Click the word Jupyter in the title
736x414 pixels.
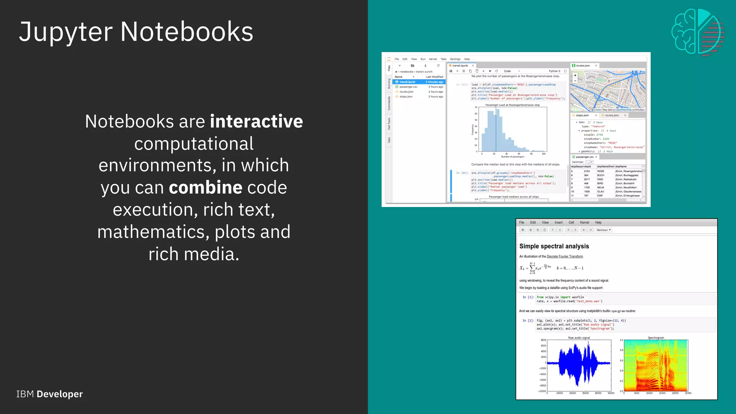pyautogui.click(x=66, y=32)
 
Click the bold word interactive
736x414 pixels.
pyautogui.click(x=256, y=121)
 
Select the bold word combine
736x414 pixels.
pyautogui.click(x=206, y=188)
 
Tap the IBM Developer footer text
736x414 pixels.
pyautogui.click(x=50, y=394)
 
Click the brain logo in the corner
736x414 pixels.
pyautogui.click(x=698, y=32)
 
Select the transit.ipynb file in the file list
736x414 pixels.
pyautogui.click(x=407, y=82)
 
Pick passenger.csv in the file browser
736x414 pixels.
pyautogui.click(x=408, y=87)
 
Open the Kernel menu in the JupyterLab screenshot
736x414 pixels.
pyautogui.click(x=433, y=59)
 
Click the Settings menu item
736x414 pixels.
pyautogui.click(x=455, y=59)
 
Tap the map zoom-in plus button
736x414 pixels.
pyautogui.click(x=575, y=75)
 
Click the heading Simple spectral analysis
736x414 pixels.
pyautogui.click(x=554, y=246)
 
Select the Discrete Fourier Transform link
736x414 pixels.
pyautogui.click(x=565, y=257)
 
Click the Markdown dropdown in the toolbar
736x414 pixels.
pyautogui.click(x=603, y=230)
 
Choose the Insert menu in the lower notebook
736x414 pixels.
pyautogui.click(x=558, y=222)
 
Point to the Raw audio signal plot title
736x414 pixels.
pyautogui.click(x=579, y=338)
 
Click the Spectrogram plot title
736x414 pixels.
pyautogui.click(x=656, y=338)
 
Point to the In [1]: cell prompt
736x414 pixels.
pyautogui.click(x=528, y=297)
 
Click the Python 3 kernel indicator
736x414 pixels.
pyautogui.click(x=555, y=71)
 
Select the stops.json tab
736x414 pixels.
pyautogui.click(x=582, y=115)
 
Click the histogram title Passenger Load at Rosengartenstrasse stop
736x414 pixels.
pyautogui.click(x=512, y=105)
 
